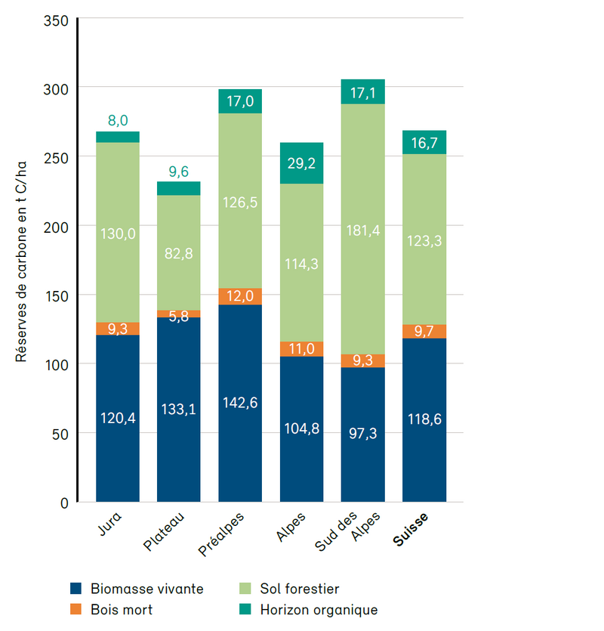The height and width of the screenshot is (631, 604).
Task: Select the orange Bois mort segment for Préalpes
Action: tap(240, 296)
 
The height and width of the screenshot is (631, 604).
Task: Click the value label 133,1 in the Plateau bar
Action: tap(178, 409)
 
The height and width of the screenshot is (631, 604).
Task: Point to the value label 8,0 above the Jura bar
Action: tap(118, 120)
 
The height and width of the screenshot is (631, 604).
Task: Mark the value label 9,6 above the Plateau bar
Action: tap(178, 171)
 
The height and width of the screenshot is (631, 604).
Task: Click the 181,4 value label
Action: tap(362, 229)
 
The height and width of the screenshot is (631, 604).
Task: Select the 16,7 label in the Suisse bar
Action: tap(424, 143)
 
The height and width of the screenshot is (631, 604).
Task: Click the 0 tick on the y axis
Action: tap(64, 503)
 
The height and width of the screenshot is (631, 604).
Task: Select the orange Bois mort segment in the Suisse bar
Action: tap(424, 331)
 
